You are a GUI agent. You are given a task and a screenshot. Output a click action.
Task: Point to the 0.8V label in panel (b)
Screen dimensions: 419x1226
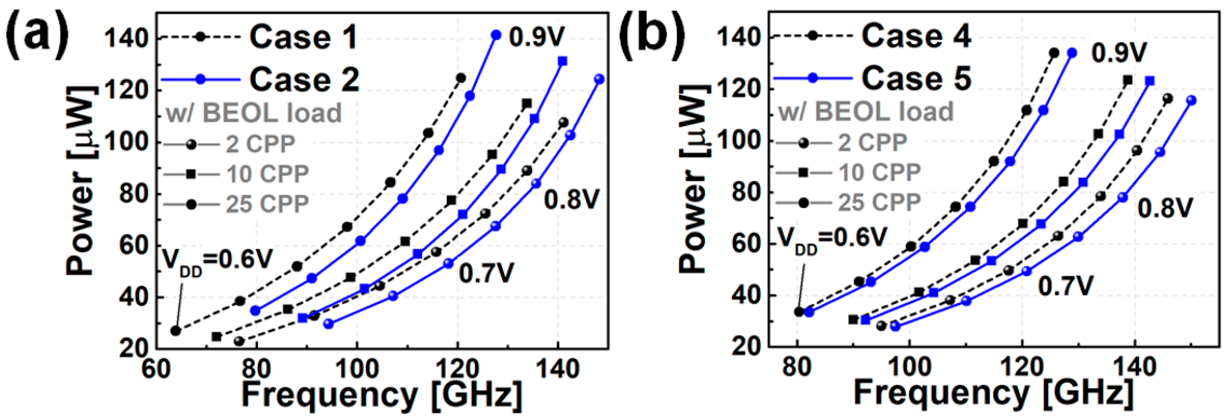(1165, 207)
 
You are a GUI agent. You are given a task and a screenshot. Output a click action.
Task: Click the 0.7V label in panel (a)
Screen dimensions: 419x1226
(486, 273)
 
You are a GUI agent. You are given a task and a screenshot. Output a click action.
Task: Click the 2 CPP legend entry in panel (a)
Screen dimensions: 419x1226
(260, 144)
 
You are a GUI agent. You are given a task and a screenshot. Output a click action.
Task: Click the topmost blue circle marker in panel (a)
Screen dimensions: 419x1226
(496, 35)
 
